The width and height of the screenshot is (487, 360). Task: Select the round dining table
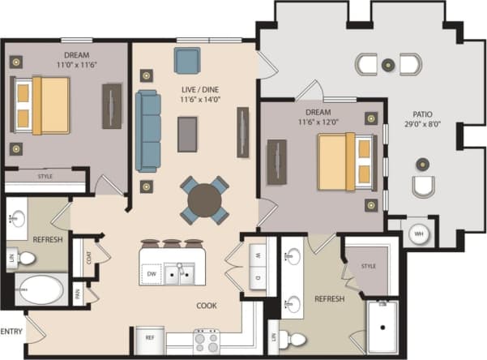point(204,199)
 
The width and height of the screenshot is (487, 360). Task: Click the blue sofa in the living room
point(147,130)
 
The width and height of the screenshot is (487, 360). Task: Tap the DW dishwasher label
point(152,275)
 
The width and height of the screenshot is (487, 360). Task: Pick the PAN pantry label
point(79,295)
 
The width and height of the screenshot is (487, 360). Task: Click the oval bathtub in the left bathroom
point(41,289)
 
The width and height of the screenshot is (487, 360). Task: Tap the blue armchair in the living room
point(187,59)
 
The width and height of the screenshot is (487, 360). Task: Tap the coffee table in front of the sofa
point(187,134)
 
